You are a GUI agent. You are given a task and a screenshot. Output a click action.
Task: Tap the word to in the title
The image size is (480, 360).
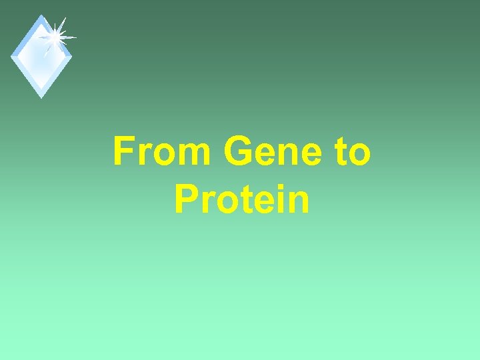pyautogui.click(x=348, y=151)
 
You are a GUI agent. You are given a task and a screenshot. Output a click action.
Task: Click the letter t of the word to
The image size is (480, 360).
pyautogui.click(x=335, y=152)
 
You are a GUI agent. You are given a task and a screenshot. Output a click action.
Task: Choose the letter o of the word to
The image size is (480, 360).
pyautogui.click(x=357, y=155)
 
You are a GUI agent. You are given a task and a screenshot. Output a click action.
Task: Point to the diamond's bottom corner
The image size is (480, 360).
pyautogui.click(x=41, y=97)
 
